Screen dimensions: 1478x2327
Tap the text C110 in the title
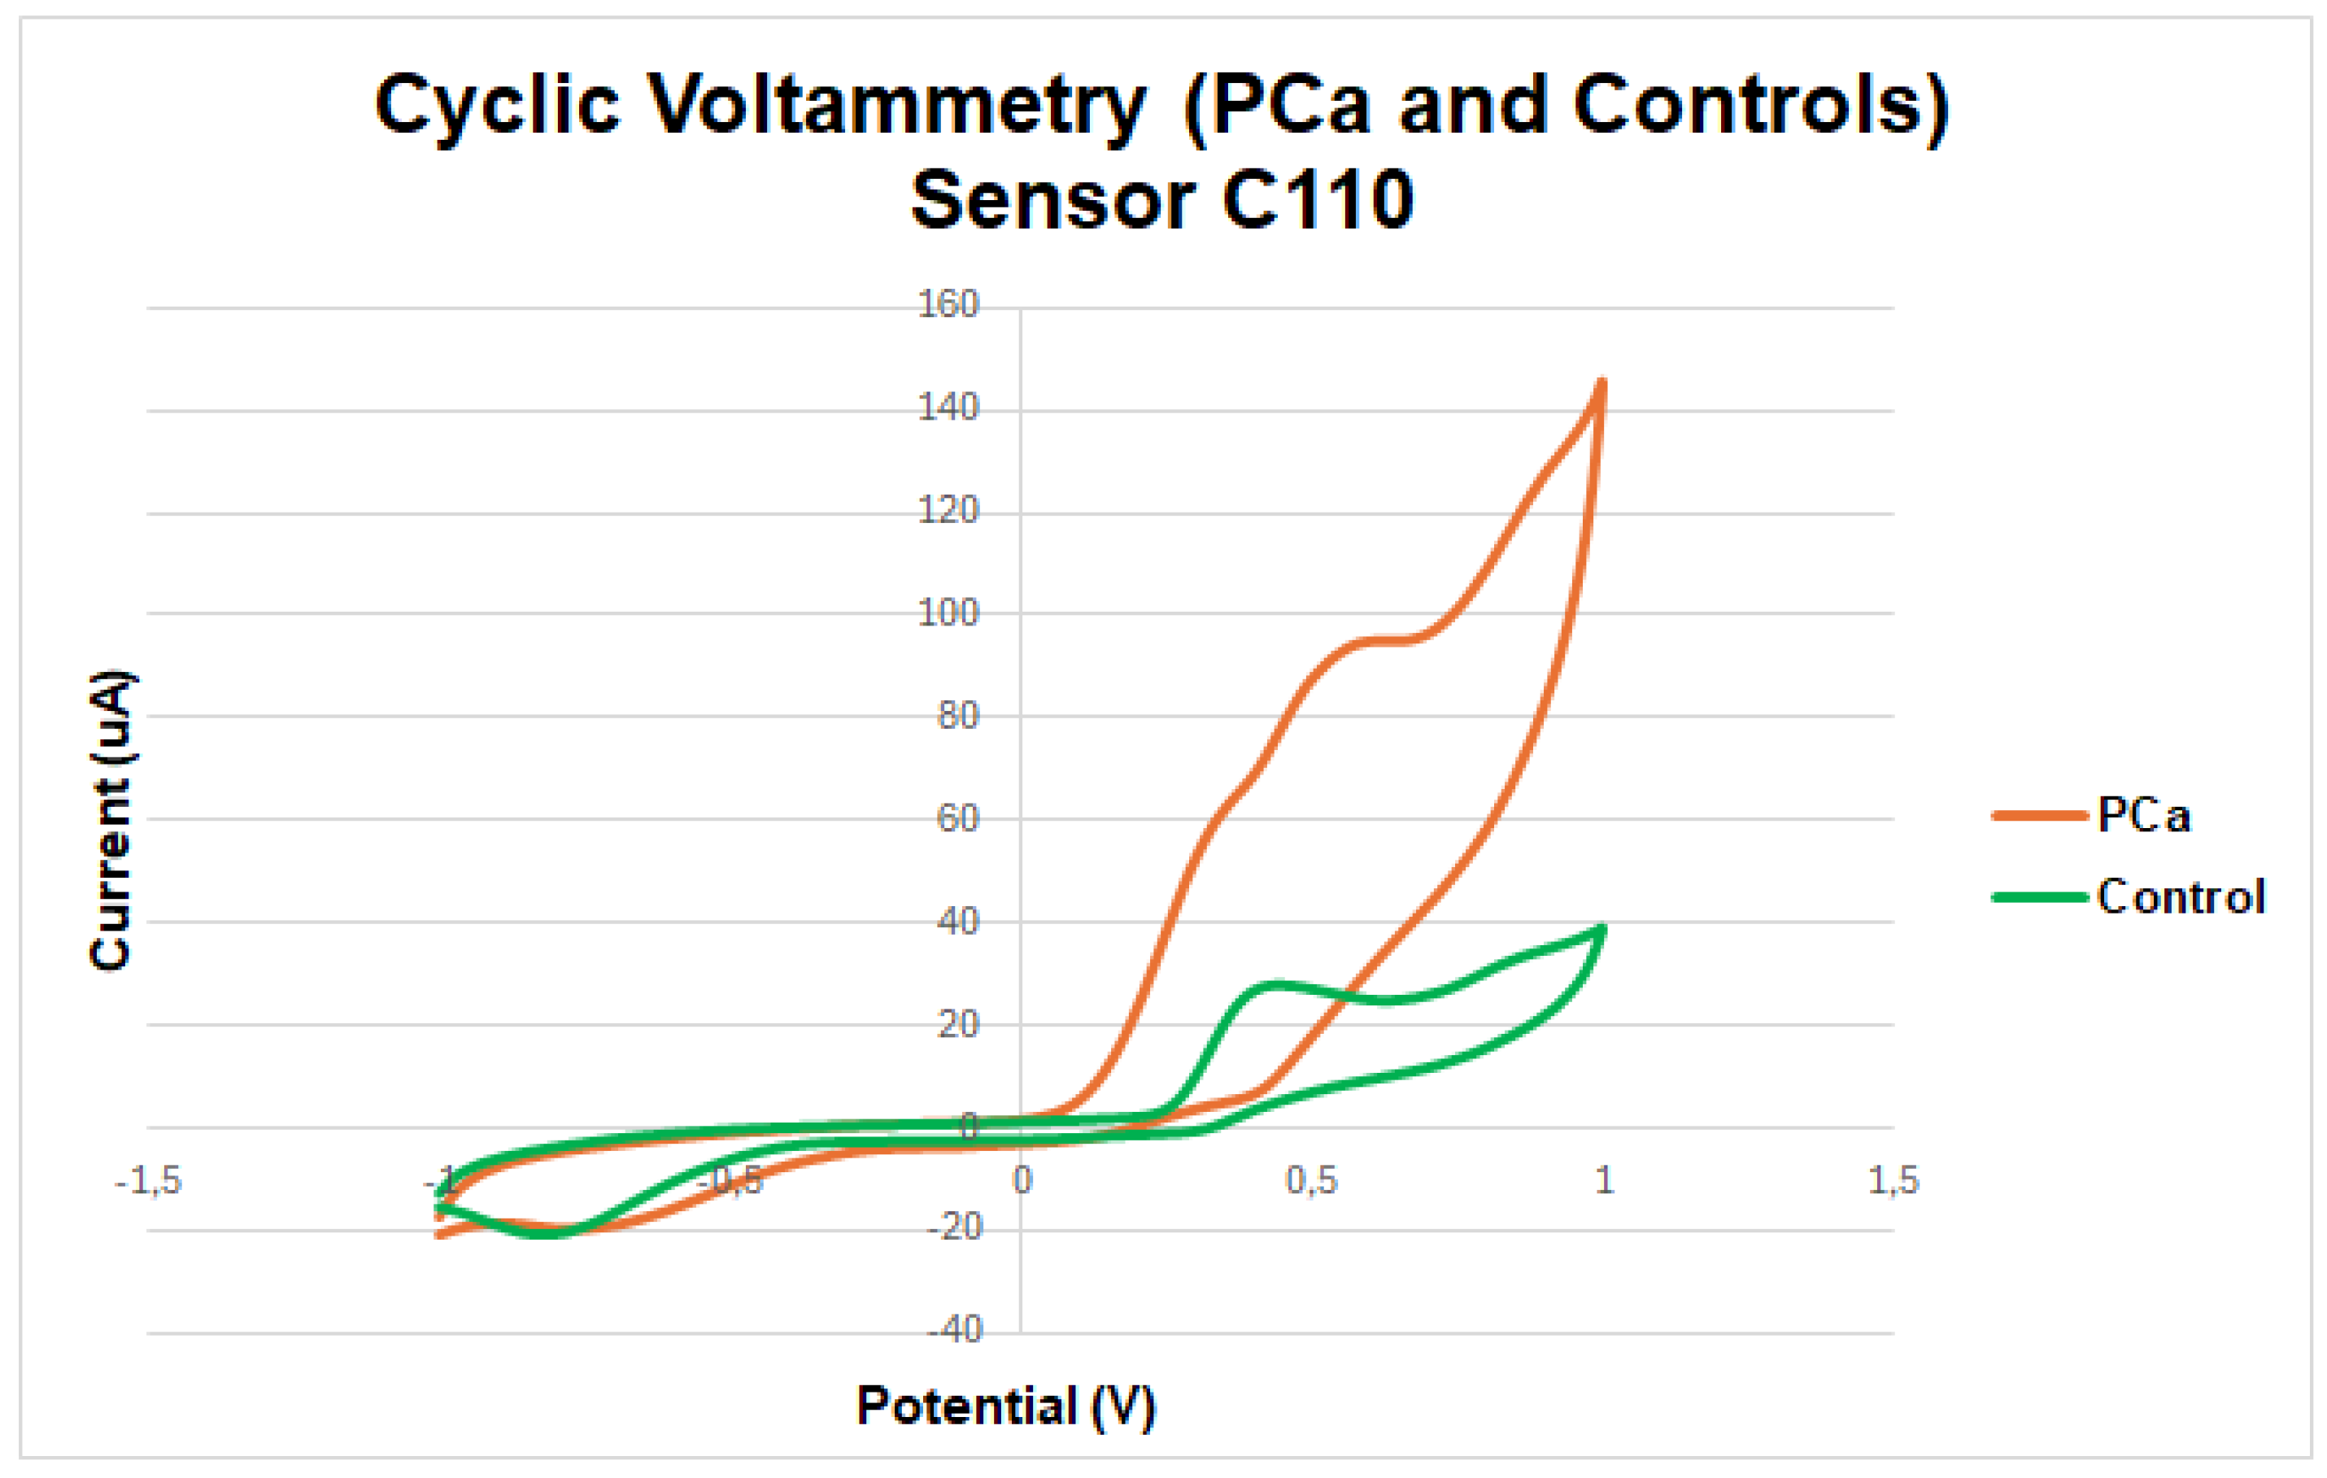coord(1317,200)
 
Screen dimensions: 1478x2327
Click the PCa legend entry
coord(2142,816)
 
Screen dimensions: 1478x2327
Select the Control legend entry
coord(2180,897)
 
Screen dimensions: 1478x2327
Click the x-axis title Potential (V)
coord(1005,1406)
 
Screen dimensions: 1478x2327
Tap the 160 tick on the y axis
coord(948,304)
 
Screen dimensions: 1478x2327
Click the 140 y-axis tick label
coord(948,407)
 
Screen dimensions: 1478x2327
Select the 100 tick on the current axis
coord(948,613)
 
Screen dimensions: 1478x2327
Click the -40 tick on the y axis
coord(954,1330)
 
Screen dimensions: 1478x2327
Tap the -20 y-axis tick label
coord(954,1227)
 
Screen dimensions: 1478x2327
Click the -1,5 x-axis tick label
coord(148,1180)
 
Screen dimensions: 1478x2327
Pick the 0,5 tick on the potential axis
coord(1311,1180)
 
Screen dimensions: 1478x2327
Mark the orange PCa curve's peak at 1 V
coord(1601,385)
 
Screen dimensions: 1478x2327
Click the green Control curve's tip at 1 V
coord(1602,930)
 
